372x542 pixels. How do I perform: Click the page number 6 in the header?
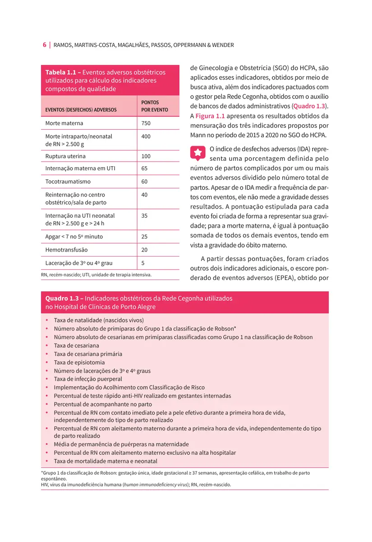pyautogui.click(x=45, y=45)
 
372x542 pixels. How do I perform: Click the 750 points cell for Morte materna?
pyautogui.click(x=146, y=123)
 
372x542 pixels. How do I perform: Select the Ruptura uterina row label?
pyautogui.click(x=65, y=156)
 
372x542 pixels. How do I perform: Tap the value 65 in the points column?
pyautogui.click(x=145, y=168)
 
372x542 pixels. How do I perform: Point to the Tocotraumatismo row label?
pyautogui.click(x=68, y=182)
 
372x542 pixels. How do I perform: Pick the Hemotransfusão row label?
pyautogui.click(x=67, y=250)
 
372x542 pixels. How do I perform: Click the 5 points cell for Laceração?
pyautogui.click(x=143, y=263)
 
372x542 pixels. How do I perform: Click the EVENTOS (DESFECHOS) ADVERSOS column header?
pyautogui.click(x=81, y=110)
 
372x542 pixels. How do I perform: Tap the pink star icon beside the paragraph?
pyautogui.click(x=197, y=153)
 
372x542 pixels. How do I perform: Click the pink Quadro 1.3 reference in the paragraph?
pyautogui.click(x=309, y=106)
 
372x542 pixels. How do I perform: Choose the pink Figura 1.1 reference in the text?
pyautogui.click(x=210, y=116)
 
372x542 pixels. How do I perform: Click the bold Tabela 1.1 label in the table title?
pyautogui.click(x=63, y=72)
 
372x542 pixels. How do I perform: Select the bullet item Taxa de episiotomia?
pyautogui.click(x=79, y=362)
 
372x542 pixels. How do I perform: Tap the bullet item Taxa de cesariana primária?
pyautogui.click(x=88, y=354)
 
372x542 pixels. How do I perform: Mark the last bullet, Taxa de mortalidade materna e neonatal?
pyautogui.click(x=106, y=461)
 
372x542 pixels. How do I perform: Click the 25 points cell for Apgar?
pyautogui.click(x=145, y=237)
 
